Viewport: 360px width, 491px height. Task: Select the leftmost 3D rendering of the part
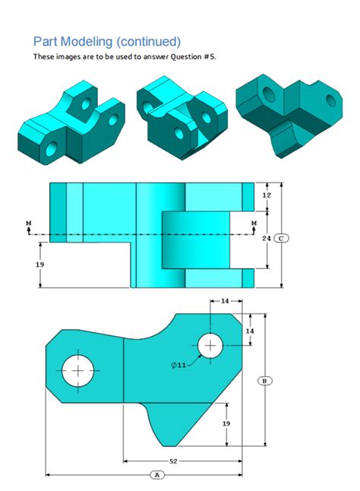pyautogui.click(x=70, y=122)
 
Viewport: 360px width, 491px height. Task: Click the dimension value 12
pyautogui.click(x=266, y=195)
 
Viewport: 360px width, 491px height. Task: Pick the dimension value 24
pyautogui.click(x=266, y=238)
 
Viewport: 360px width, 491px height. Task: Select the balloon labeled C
pyautogui.click(x=282, y=238)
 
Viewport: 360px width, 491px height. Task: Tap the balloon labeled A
pyautogui.click(x=158, y=474)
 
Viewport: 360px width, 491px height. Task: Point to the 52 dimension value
pyautogui.click(x=173, y=461)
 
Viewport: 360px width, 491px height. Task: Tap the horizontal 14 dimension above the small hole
pyautogui.click(x=225, y=301)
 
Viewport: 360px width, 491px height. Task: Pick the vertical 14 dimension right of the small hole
pyautogui.click(x=249, y=331)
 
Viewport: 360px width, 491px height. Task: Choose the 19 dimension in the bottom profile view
pyautogui.click(x=226, y=423)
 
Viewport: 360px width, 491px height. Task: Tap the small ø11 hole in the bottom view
pyautogui.click(x=210, y=345)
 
